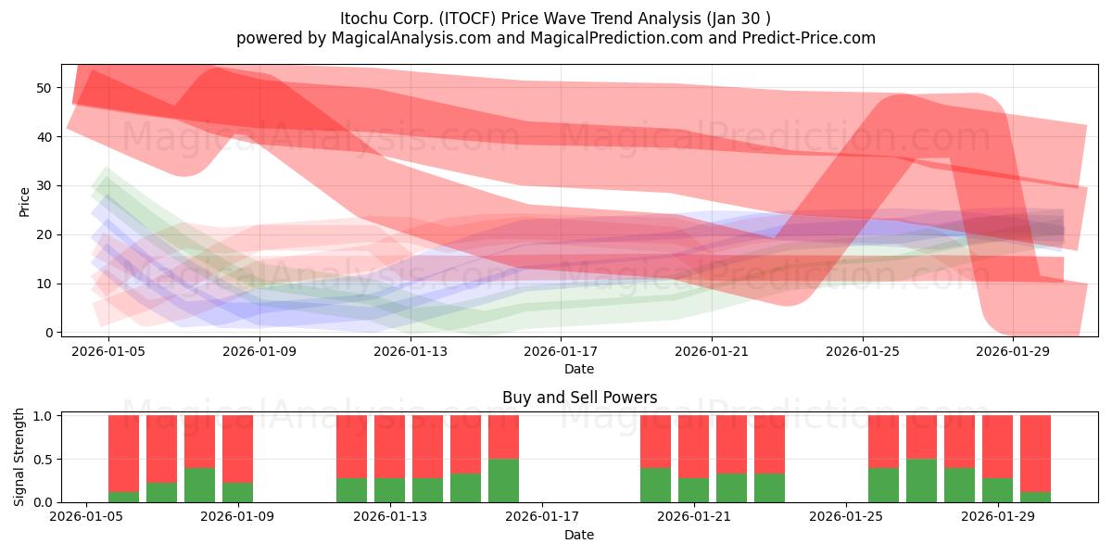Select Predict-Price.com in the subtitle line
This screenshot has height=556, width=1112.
pyautogui.click(x=809, y=38)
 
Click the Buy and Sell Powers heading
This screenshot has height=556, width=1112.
pyautogui.click(x=579, y=398)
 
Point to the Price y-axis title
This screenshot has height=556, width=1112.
pyautogui.click(x=24, y=202)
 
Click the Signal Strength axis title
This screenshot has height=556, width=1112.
pyautogui.click(x=19, y=457)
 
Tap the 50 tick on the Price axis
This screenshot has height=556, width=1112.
pyautogui.click(x=44, y=88)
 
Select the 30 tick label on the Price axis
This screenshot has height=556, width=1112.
pyautogui.click(x=44, y=185)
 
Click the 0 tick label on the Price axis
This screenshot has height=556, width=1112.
pyautogui.click(x=48, y=333)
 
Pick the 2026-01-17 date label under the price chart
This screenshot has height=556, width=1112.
pyautogui.click(x=561, y=351)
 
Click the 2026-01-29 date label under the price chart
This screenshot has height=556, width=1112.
pyautogui.click(x=1013, y=351)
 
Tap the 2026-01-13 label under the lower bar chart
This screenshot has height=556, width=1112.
pyautogui.click(x=390, y=517)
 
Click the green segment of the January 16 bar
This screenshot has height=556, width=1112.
pyautogui.click(x=503, y=481)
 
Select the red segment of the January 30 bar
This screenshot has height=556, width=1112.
pyautogui.click(x=1035, y=454)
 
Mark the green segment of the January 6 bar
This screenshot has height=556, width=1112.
pyautogui.click(x=123, y=497)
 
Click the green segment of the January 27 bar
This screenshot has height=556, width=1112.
pyautogui.click(x=921, y=481)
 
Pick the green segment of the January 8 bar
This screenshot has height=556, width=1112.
pyautogui.click(x=199, y=485)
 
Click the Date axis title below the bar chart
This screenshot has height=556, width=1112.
pyautogui.click(x=579, y=535)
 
